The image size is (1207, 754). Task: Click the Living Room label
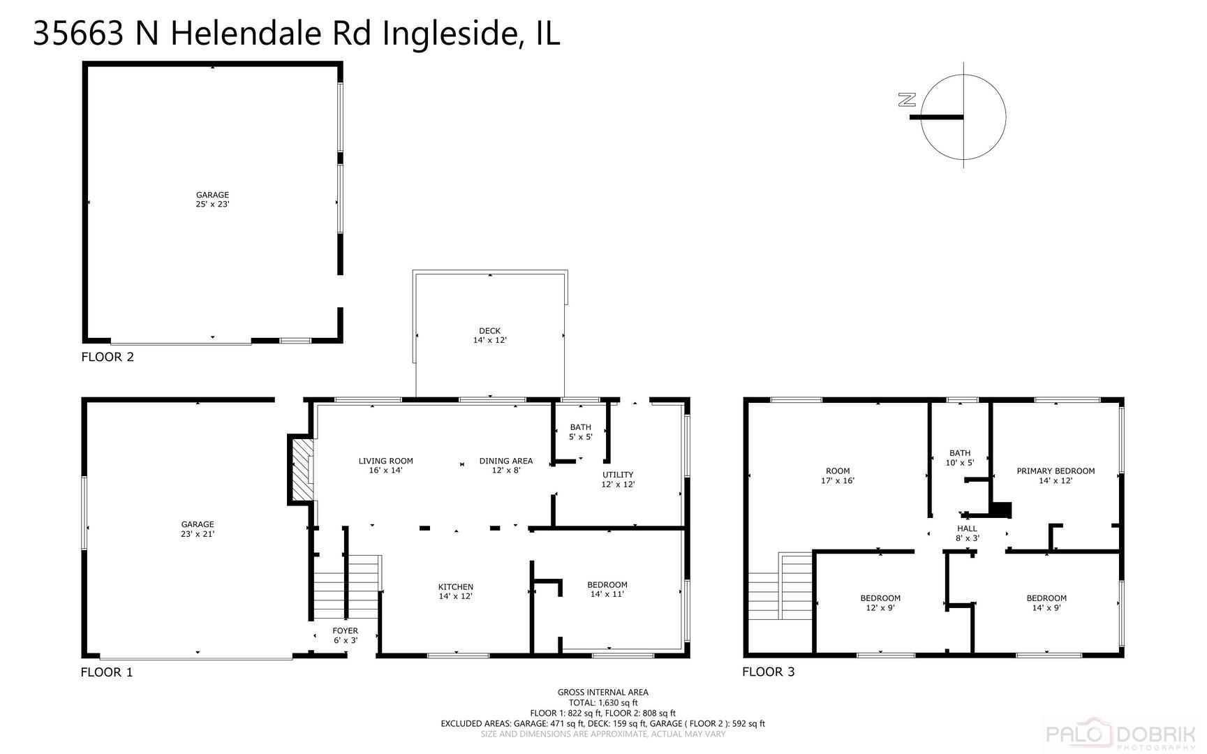pos(385,466)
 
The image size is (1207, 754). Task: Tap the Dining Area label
pos(505,466)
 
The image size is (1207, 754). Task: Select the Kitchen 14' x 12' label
pos(455,591)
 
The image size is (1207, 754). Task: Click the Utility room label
pos(618,480)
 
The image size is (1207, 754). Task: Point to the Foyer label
pos(345,635)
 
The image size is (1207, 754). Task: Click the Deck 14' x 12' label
pos(489,336)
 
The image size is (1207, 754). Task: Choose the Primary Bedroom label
pos(1055,475)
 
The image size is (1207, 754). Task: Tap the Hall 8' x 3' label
pos(967,533)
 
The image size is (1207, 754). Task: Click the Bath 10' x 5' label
pos(960,458)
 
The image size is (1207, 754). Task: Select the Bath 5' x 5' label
pos(580,432)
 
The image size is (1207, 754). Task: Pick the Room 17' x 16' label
pos(838,475)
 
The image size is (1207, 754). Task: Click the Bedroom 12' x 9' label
pos(880,603)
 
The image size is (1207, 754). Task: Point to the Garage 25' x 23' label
pos(212,200)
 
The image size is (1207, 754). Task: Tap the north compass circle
pos(963,117)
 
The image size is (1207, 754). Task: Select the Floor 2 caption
pos(108,357)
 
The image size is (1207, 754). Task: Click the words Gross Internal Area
pos(602,693)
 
